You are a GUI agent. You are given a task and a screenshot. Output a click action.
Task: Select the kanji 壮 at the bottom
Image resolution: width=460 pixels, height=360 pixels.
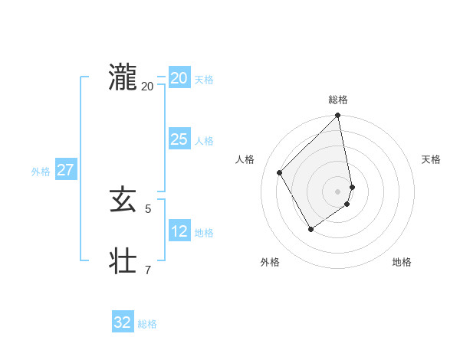point(123,261)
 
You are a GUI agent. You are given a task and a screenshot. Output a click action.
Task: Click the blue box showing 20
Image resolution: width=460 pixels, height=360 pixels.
point(179,78)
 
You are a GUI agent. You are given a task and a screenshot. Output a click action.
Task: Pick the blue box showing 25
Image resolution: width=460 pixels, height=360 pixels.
point(179,139)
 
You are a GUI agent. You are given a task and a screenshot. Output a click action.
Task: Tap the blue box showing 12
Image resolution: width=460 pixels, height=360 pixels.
point(179,231)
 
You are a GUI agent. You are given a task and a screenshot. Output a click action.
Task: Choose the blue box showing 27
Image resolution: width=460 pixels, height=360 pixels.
point(65,170)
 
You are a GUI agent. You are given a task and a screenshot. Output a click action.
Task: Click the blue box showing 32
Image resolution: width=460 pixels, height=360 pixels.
point(123,322)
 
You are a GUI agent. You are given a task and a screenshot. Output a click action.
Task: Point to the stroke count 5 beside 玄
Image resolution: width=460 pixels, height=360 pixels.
point(148,208)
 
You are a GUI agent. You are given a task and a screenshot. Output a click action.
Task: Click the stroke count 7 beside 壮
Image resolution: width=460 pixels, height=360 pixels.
point(148,270)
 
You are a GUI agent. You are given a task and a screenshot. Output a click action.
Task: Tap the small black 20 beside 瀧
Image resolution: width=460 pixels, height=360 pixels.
point(147,86)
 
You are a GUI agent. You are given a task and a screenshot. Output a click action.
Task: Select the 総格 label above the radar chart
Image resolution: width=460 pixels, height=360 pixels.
point(338,100)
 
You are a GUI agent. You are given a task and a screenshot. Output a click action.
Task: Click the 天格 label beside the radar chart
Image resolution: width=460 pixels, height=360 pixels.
point(431,159)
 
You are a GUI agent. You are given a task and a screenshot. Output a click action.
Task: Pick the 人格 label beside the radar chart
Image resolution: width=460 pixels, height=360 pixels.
point(245,159)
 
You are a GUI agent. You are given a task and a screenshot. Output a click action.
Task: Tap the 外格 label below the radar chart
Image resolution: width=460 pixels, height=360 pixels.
point(270,263)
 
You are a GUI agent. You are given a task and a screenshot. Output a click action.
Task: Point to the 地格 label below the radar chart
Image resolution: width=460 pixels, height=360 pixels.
point(402,263)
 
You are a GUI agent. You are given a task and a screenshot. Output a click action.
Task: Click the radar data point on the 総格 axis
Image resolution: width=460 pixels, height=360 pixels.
point(338,116)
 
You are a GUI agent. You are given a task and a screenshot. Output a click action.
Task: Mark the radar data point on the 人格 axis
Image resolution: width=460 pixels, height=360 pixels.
point(280,172)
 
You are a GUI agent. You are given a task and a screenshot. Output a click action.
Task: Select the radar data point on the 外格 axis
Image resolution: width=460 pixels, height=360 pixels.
point(310,229)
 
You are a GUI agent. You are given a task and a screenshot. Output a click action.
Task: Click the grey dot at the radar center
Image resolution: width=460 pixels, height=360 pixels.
point(338,191)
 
